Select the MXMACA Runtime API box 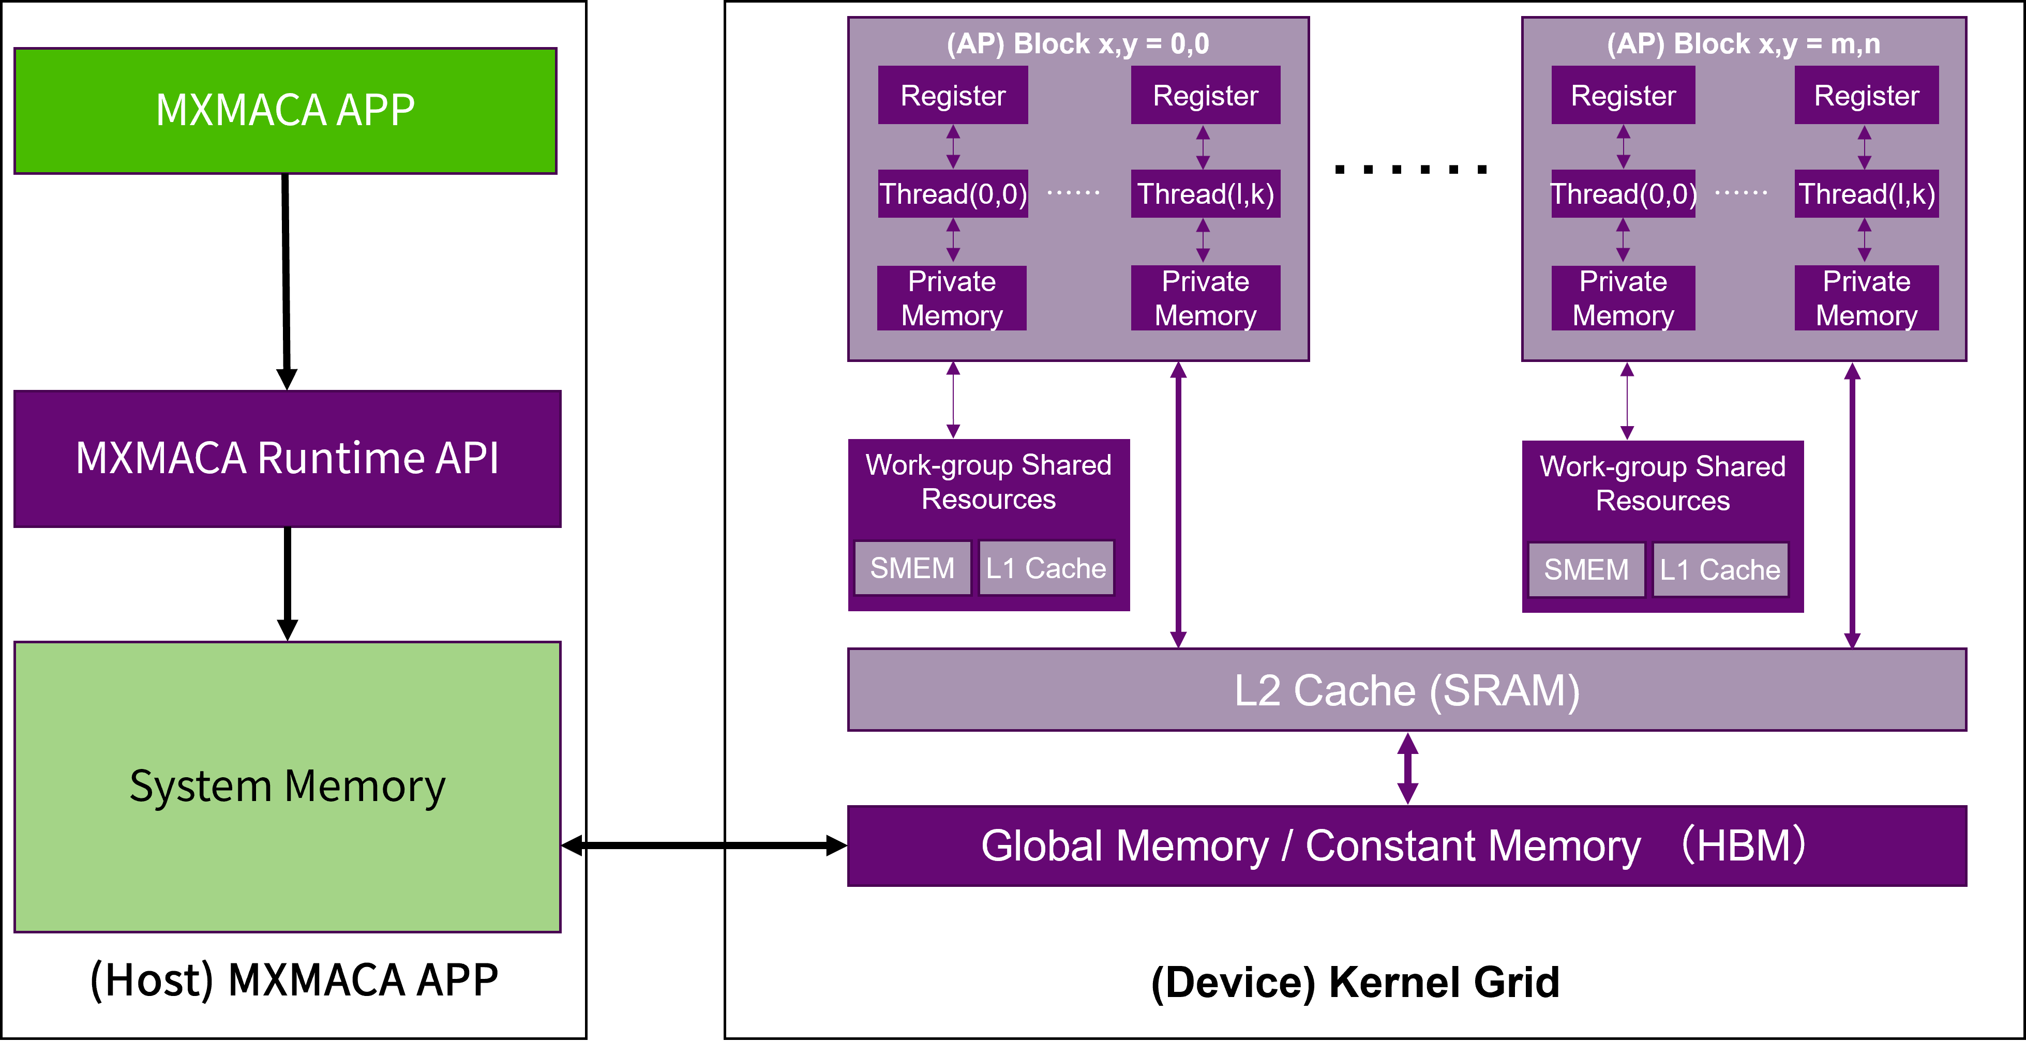[287, 459]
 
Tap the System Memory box [287, 787]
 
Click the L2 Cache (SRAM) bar [1406, 690]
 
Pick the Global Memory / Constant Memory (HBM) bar [1406, 846]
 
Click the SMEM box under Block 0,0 [912, 568]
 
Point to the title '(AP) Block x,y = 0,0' [1077, 44]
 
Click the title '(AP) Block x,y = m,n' [1743, 44]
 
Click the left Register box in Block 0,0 [952, 95]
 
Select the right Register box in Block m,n [1866, 95]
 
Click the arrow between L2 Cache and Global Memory [1407, 768]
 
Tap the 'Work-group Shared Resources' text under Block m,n [1662, 484]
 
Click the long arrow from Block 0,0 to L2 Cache [1178, 503]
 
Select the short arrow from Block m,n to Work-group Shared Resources [1627, 401]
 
